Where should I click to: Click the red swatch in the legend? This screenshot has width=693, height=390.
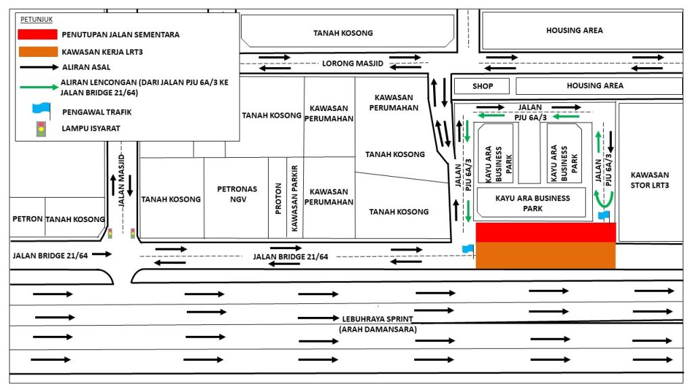point(38,34)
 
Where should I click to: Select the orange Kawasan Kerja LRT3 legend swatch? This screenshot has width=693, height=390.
point(38,51)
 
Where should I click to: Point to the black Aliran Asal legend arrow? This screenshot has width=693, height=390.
point(39,67)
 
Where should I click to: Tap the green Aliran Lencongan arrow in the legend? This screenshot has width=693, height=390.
point(39,87)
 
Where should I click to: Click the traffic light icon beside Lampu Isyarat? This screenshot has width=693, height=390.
point(41,129)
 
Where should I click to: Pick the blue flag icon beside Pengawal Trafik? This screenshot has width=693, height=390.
point(41,110)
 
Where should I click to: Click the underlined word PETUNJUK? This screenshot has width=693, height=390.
point(37,20)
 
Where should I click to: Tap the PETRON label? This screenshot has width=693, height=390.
point(27,219)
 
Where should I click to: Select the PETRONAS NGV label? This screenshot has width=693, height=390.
point(238,194)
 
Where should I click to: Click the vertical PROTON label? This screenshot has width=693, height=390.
point(278,198)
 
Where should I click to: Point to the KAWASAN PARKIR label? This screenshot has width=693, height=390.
point(294,198)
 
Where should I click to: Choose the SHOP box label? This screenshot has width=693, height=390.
point(483,86)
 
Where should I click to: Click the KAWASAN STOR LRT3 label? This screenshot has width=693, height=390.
point(650,180)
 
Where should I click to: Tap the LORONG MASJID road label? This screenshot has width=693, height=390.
point(353,63)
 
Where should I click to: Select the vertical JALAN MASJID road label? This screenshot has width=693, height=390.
point(122,180)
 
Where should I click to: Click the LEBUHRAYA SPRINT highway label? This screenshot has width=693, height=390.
point(378,319)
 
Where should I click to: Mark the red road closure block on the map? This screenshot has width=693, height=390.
point(546,233)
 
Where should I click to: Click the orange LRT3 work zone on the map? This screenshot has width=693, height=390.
point(546,255)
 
